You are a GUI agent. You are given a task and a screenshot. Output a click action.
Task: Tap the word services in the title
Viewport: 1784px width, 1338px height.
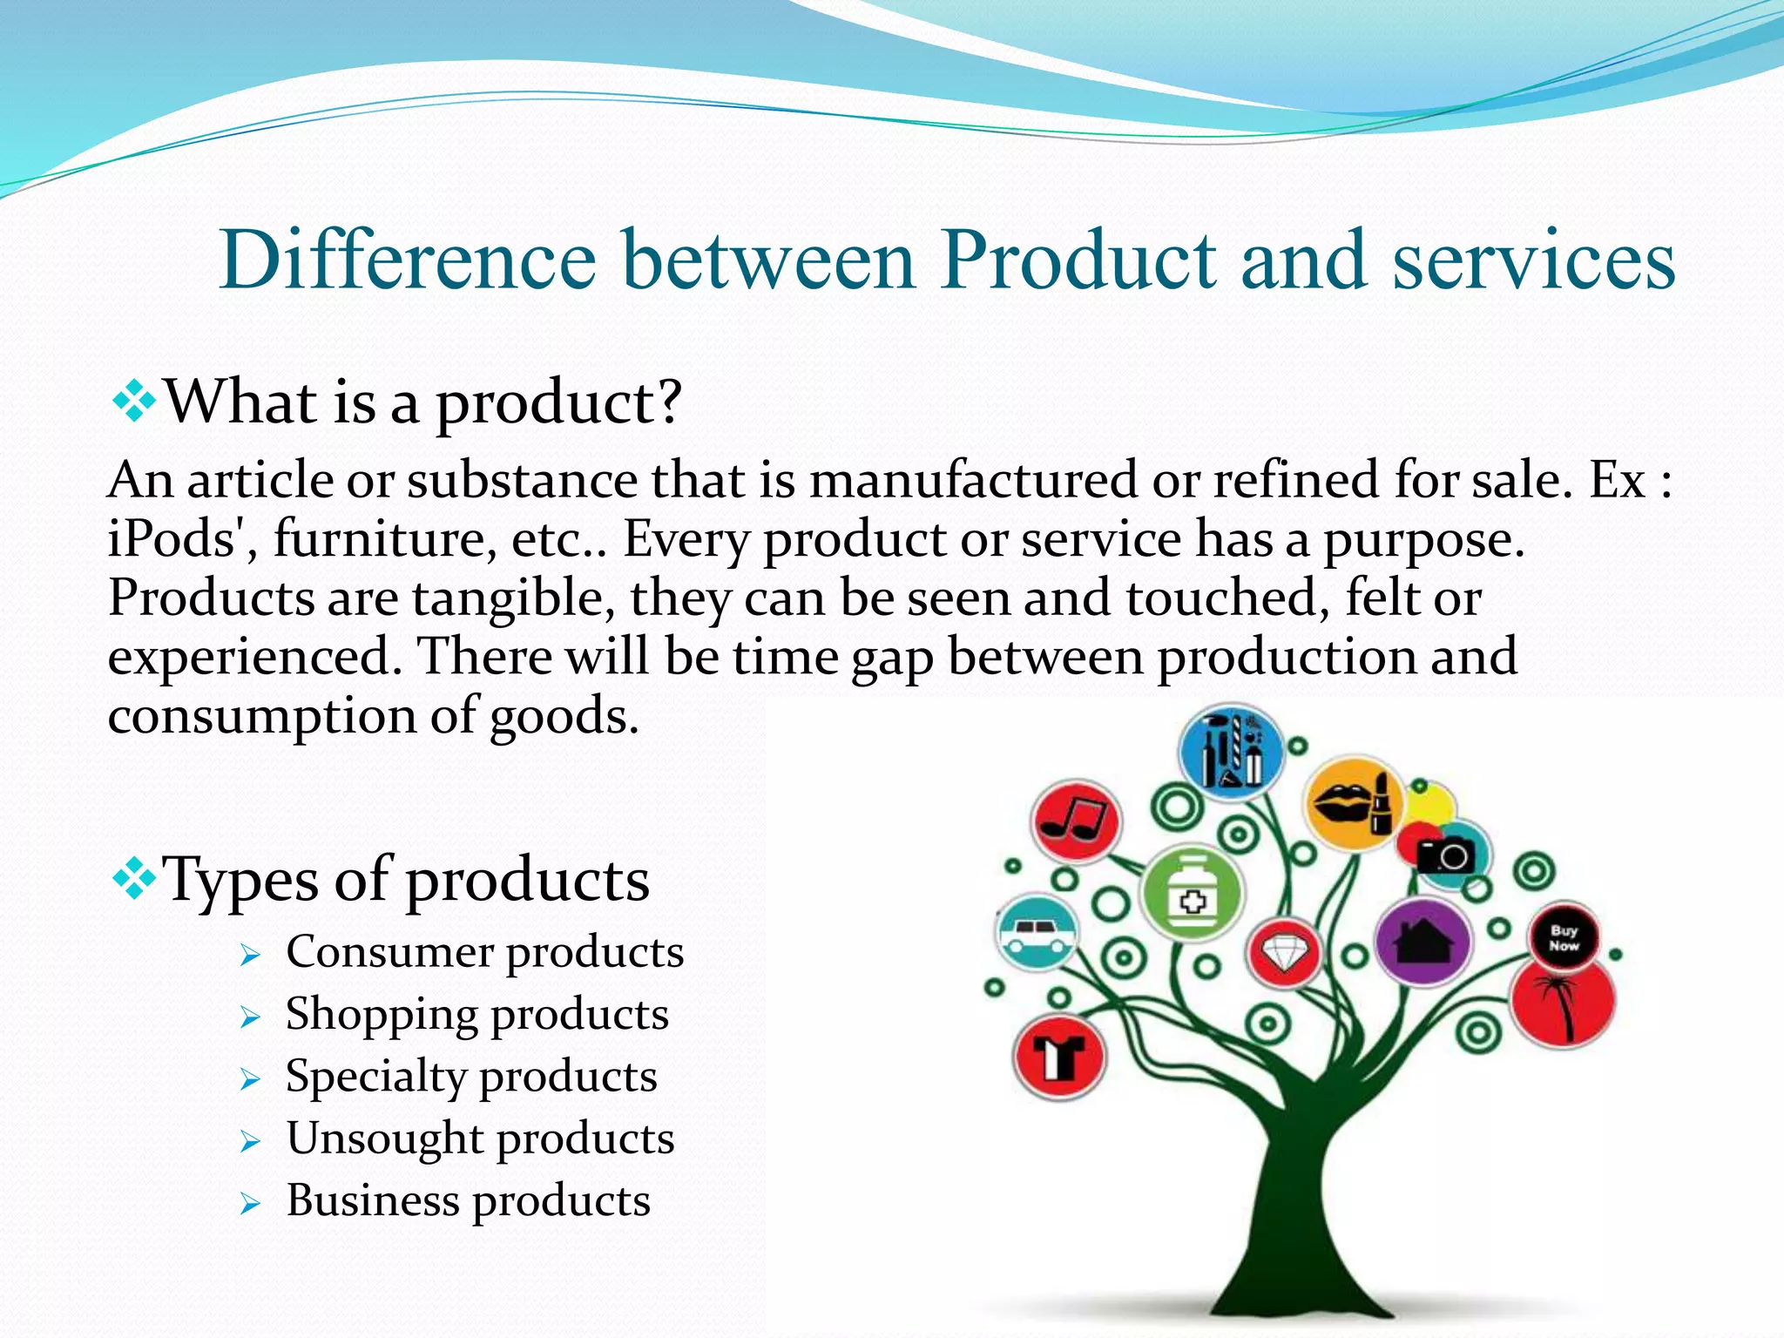(1533, 260)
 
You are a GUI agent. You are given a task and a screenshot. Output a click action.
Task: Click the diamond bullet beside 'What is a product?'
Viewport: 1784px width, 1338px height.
(134, 402)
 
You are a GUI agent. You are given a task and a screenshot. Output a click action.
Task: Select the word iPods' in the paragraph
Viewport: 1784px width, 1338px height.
(182, 539)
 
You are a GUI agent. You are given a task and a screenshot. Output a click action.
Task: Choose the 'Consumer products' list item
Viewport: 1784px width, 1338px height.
(484, 952)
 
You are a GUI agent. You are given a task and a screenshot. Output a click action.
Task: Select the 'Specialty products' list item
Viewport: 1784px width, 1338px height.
(470, 1077)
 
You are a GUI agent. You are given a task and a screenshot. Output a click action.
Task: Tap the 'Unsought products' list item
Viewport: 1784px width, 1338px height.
(480, 1139)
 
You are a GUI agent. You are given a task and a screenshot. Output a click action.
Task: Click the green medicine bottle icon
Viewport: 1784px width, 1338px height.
(1192, 894)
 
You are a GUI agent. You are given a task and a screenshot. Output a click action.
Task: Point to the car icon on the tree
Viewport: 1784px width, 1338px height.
(1036, 932)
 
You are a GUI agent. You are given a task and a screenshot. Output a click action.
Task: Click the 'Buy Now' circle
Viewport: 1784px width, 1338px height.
(1564, 937)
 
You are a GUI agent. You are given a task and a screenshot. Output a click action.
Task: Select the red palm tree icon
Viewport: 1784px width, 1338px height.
(1563, 1002)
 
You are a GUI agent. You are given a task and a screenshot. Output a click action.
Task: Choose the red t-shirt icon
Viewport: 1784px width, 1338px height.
(1059, 1058)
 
